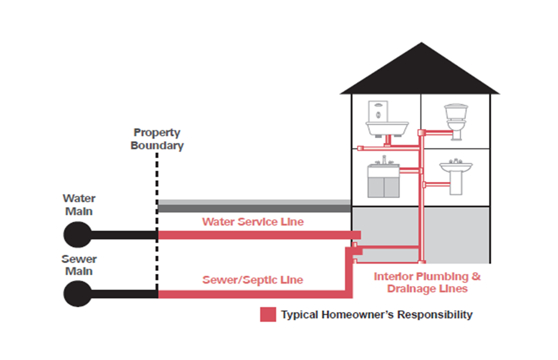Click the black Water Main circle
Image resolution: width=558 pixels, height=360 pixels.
point(78,235)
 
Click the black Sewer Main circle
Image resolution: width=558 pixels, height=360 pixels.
point(78,293)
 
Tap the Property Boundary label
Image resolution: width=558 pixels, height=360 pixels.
point(157,139)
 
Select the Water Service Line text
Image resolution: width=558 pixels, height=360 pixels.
point(253,222)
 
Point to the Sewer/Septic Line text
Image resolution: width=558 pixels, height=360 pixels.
point(253,280)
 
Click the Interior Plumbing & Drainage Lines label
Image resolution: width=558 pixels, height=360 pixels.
point(427,282)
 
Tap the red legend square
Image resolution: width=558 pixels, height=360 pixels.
point(268,315)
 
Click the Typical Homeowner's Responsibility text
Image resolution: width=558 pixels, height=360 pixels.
point(377,315)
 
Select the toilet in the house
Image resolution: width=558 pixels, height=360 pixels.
point(456,122)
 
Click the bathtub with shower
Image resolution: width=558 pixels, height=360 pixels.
point(386,119)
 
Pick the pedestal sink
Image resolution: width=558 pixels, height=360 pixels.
point(456,177)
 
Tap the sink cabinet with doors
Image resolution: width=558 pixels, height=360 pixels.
point(383,178)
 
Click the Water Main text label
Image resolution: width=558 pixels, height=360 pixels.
point(79,205)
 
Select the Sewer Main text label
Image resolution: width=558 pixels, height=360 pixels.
point(79,265)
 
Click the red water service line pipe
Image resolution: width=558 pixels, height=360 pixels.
point(260,235)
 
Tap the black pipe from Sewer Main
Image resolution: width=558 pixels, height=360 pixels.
point(124,294)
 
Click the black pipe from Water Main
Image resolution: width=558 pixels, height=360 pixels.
point(124,235)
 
